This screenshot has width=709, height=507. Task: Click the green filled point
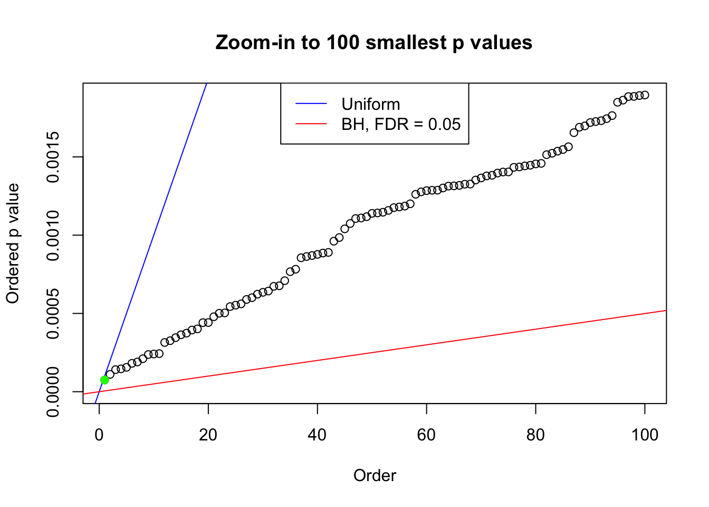point(104,380)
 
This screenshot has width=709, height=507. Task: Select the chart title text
point(373,42)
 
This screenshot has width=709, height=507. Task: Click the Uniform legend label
point(370,104)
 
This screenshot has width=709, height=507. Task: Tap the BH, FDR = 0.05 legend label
point(401,124)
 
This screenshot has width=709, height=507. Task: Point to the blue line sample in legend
point(311,104)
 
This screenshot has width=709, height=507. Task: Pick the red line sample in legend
point(311,124)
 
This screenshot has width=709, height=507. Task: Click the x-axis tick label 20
point(208,435)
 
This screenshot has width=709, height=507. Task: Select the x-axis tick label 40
point(318,435)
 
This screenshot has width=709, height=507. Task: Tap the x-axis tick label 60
point(426,435)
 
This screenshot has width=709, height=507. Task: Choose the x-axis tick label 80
point(535,435)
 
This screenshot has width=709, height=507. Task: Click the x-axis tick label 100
point(645,435)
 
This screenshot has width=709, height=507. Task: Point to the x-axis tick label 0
point(99,435)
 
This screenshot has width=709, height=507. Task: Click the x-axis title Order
point(375,475)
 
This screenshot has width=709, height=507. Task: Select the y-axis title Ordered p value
point(13,243)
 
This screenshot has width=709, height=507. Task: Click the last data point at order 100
point(645,95)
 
